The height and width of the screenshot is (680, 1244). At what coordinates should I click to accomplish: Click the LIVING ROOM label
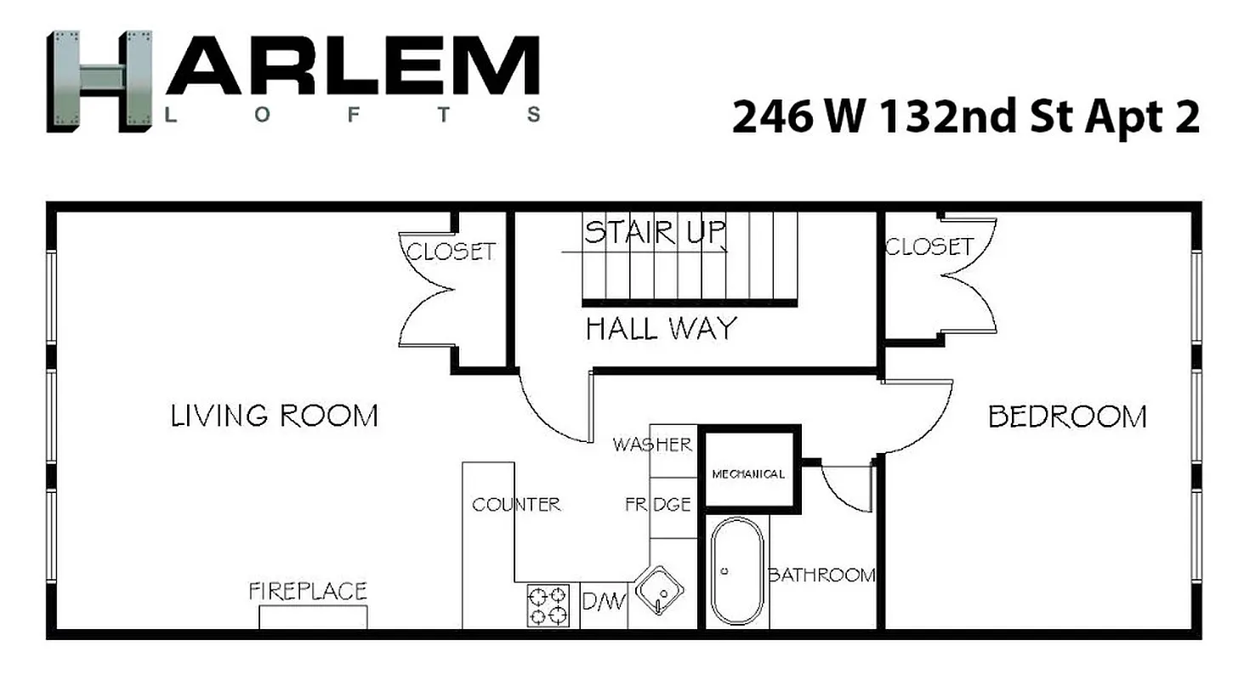pos(274,416)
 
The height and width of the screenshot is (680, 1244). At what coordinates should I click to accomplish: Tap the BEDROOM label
pos(1066,416)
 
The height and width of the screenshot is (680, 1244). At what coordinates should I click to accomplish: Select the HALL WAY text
pos(661,328)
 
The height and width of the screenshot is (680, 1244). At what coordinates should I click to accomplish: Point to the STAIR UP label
pos(655,232)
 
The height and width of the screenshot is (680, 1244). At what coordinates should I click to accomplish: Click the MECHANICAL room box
pos(748,473)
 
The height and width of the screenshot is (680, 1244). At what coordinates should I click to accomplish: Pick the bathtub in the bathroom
pos(736,572)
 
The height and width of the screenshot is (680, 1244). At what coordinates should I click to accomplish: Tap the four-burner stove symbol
pos(548,605)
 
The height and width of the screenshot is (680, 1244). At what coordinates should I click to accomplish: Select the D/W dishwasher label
pos(604,603)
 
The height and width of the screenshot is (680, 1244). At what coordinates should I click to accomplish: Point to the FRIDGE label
pos(658,505)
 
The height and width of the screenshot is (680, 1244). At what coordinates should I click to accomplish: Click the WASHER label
pos(652,445)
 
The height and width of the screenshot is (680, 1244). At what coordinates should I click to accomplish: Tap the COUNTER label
pos(516,505)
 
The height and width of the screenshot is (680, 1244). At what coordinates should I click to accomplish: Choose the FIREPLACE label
pos(308,592)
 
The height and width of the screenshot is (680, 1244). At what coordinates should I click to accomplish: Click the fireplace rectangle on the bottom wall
pos(313,617)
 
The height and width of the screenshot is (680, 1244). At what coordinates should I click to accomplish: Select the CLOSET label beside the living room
pos(451,252)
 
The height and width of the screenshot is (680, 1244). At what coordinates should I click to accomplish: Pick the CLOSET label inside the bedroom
pos(929,246)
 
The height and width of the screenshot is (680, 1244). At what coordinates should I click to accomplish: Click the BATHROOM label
pos(821,575)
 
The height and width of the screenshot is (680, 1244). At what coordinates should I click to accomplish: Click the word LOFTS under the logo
pos(353,115)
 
